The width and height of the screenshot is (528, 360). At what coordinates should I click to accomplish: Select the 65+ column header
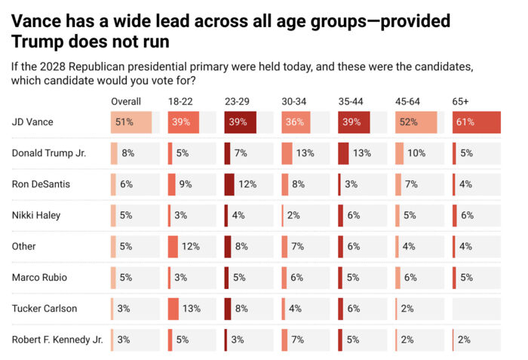pos(460,101)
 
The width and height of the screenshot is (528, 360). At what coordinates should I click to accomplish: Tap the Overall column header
pos(126,101)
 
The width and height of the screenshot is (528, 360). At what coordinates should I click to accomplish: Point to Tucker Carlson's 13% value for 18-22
pos(191,308)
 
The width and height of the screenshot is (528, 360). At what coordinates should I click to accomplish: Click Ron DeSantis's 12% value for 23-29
pos(247,184)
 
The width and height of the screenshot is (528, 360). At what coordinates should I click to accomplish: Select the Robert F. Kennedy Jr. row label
pos(57,339)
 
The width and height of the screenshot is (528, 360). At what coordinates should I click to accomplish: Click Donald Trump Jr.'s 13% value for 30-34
pos(305,153)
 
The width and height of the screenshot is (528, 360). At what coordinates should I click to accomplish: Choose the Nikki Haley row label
pos(35,215)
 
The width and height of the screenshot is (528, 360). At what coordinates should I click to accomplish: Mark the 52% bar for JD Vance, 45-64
pos(416,122)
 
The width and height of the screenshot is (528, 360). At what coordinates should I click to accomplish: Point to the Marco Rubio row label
pos(38,277)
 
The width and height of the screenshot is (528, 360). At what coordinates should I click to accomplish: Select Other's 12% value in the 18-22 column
pos(191,246)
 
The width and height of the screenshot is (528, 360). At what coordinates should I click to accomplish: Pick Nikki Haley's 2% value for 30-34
pos(293,215)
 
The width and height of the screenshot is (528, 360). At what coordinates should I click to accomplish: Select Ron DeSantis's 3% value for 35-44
pos(351,184)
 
